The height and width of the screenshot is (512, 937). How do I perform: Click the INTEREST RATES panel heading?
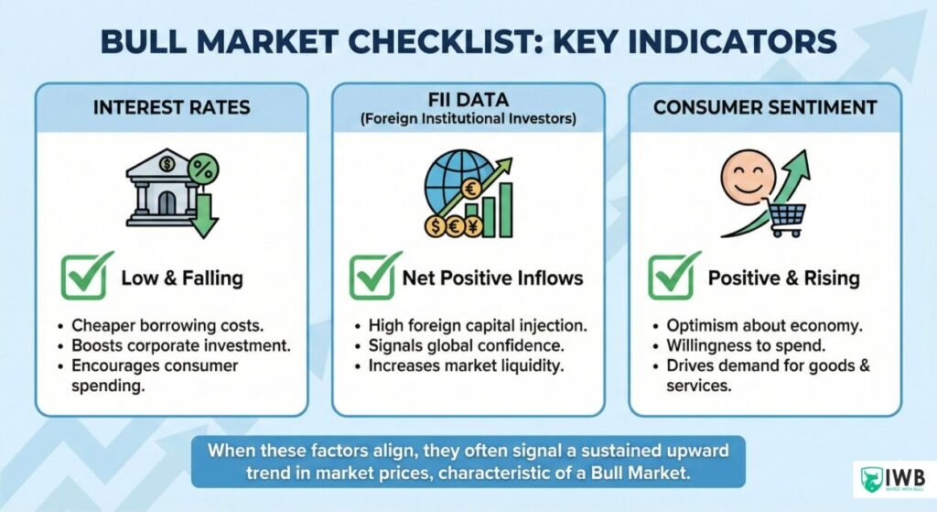[x=172, y=107]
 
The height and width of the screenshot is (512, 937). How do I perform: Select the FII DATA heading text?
[x=468, y=100]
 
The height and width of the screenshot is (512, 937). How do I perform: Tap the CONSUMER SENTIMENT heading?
[x=764, y=107]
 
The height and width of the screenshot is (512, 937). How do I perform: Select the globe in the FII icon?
[x=450, y=183]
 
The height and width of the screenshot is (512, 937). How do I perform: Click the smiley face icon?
[x=748, y=178]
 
